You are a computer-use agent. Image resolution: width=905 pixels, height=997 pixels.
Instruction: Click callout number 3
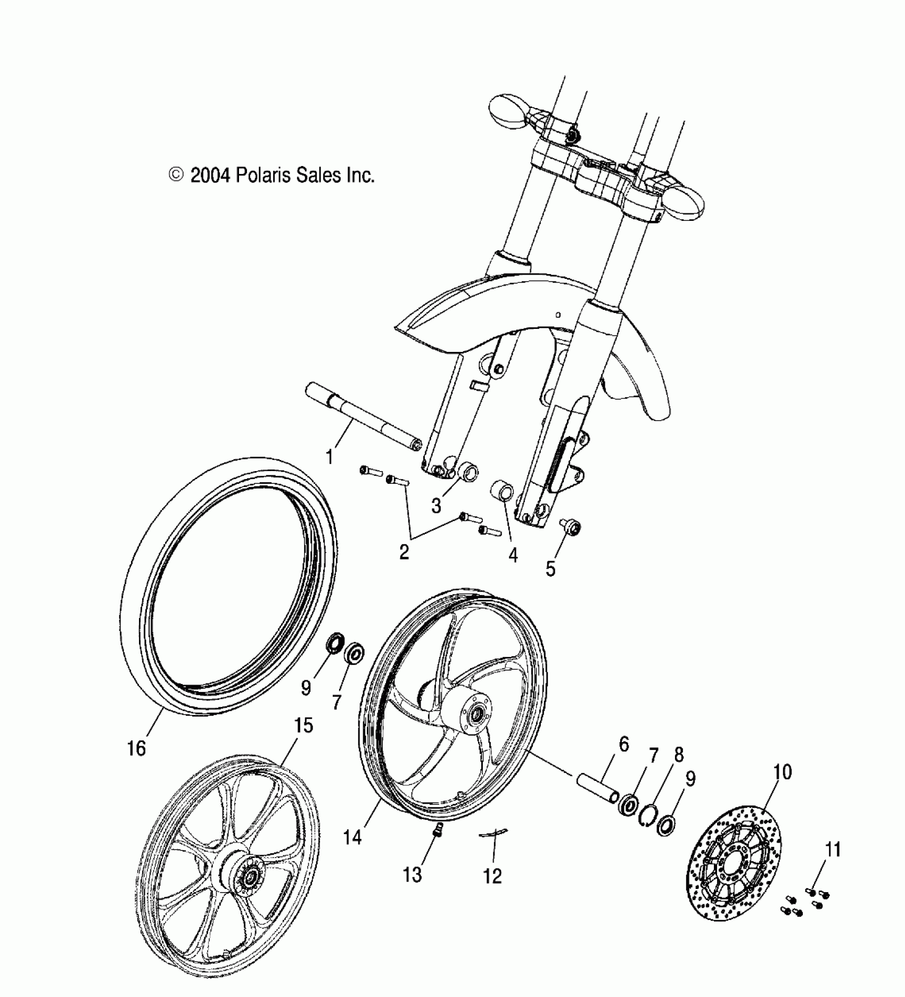pos(437,506)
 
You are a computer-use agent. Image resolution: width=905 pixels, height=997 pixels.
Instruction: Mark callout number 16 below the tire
pos(136,748)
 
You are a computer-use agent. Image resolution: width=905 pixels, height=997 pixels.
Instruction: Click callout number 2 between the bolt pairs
pos(404,552)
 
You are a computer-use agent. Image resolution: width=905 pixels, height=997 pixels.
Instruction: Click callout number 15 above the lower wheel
pos(303,725)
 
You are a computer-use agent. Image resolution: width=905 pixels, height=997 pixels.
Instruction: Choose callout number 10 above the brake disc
pos(783,771)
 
